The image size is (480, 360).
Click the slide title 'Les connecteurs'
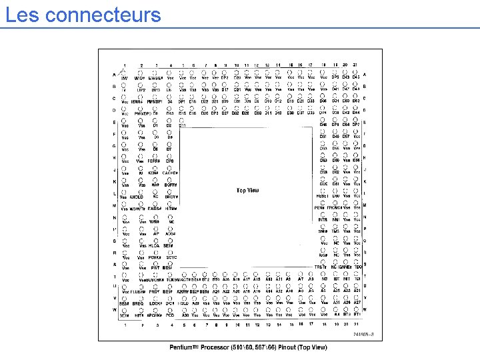(83, 14)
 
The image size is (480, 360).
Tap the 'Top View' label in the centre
(248, 191)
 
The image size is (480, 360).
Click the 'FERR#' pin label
(154, 161)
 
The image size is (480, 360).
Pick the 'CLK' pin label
(323, 185)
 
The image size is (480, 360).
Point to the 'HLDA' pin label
(154, 246)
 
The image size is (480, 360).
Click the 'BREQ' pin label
(138, 303)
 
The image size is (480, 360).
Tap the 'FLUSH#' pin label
(138, 291)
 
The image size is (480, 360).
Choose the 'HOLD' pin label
(183, 303)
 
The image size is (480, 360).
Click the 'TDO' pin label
(357, 267)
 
